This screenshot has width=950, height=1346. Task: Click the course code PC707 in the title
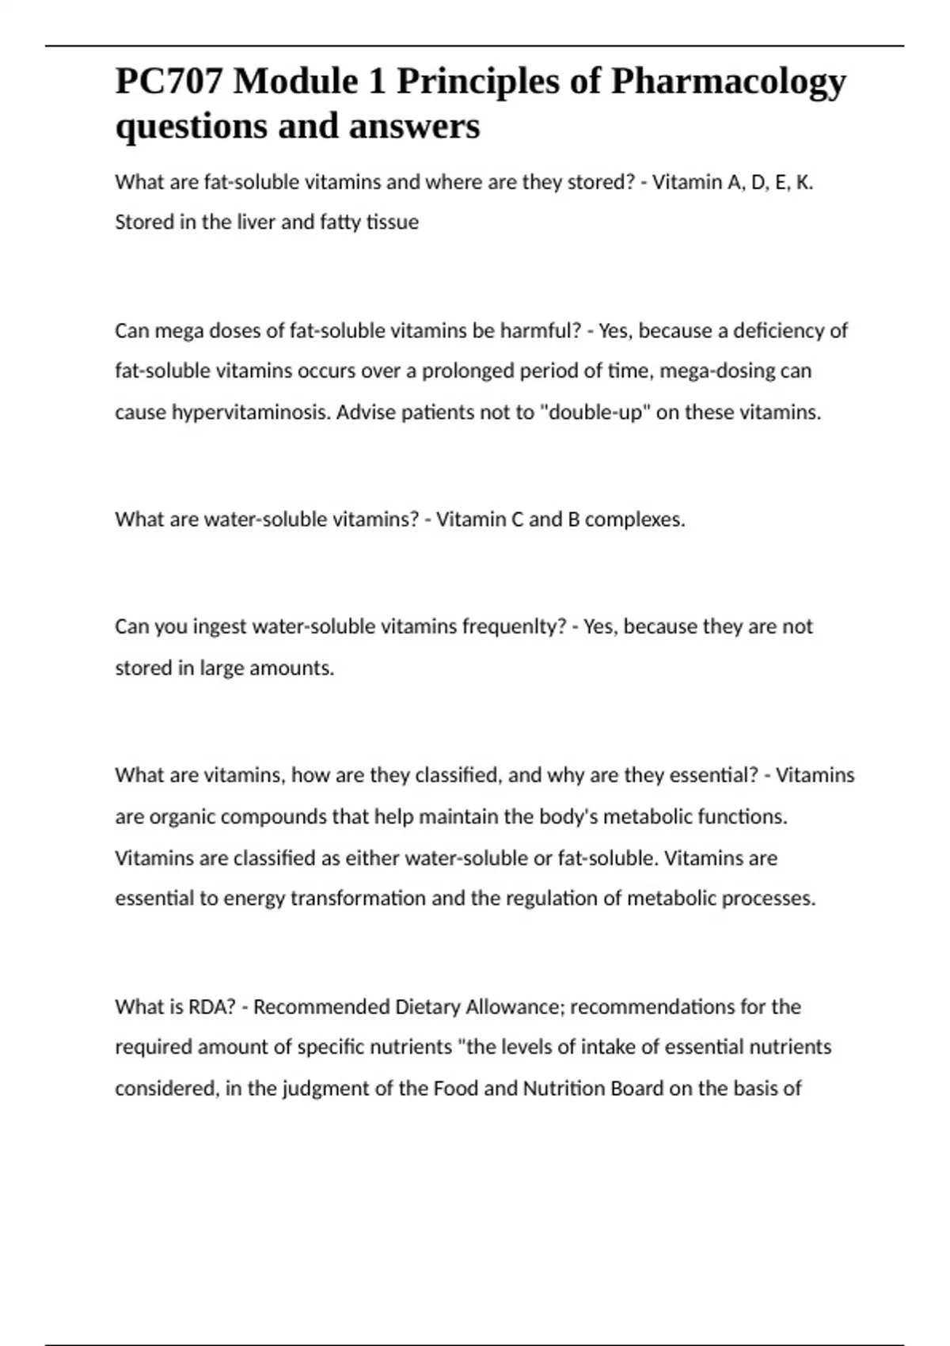[x=169, y=82]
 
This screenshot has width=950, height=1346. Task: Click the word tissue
[x=393, y=222]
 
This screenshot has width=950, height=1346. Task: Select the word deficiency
[x=779, y=331]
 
